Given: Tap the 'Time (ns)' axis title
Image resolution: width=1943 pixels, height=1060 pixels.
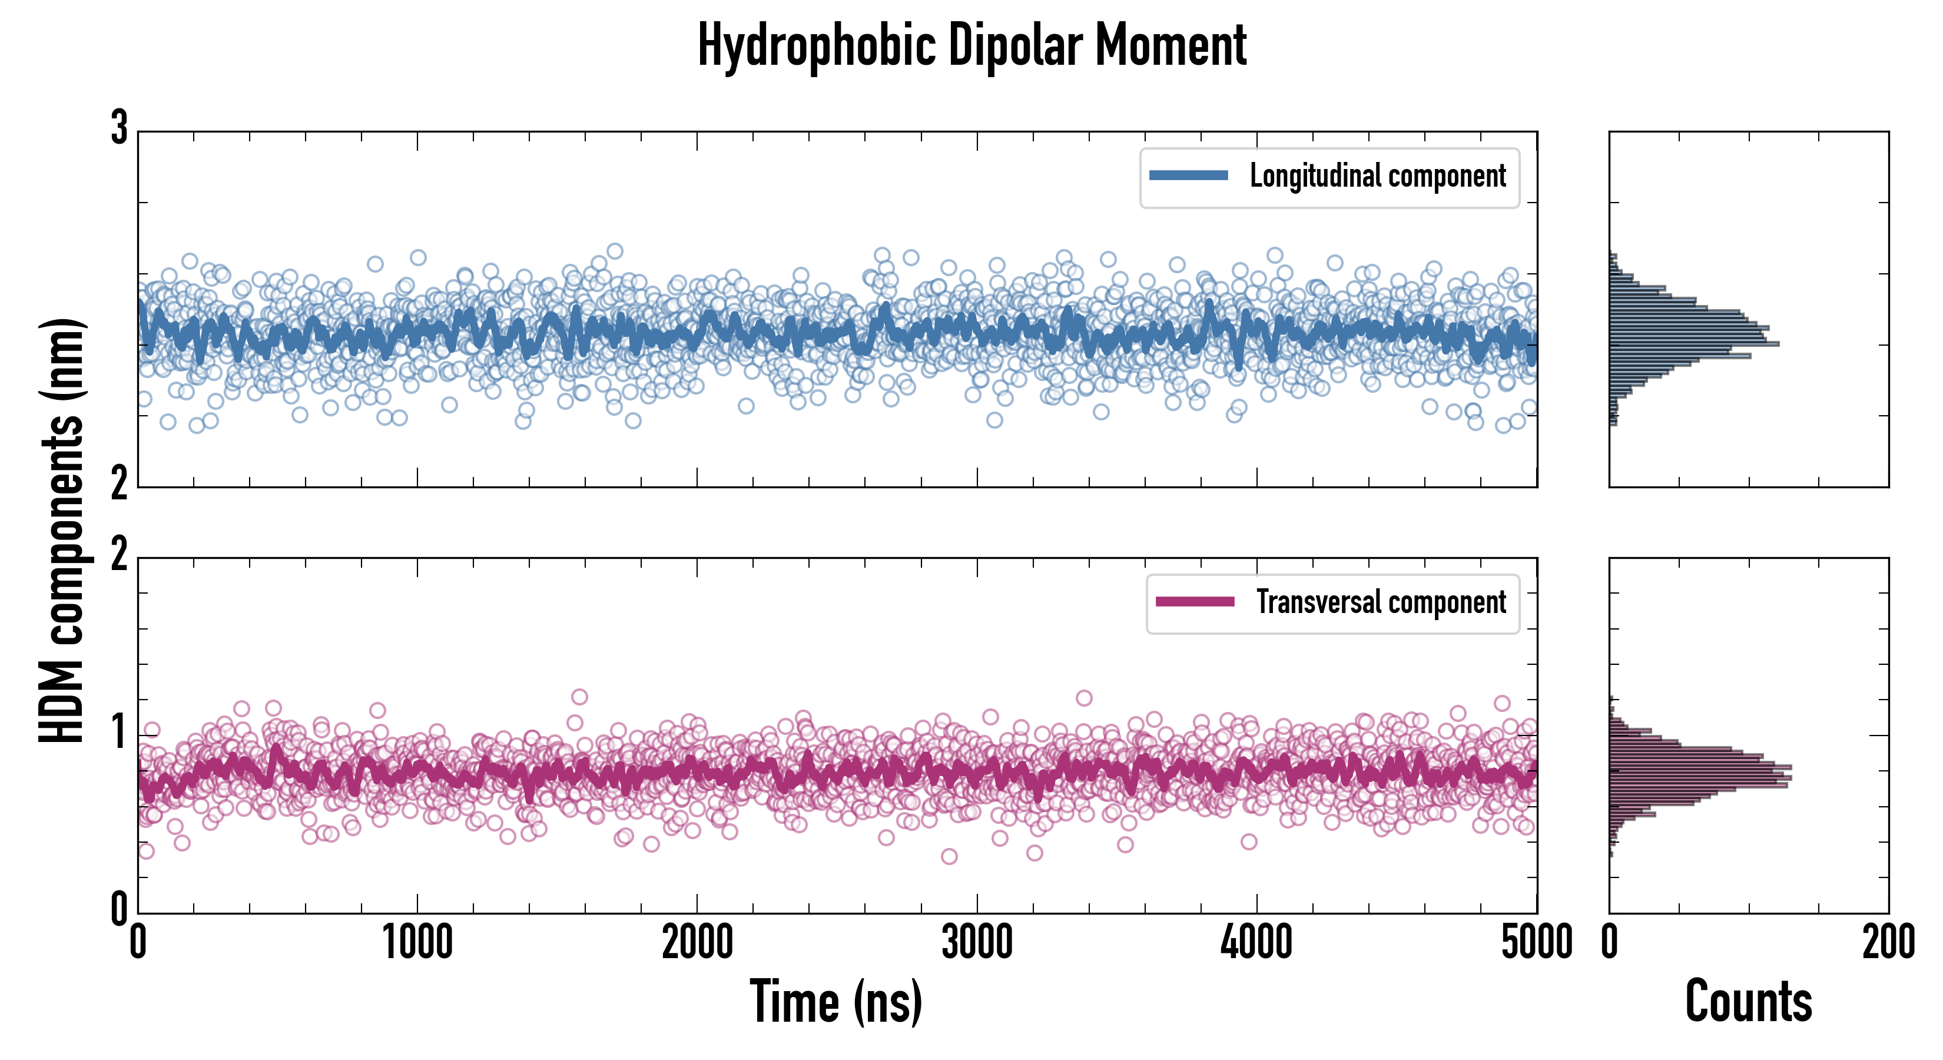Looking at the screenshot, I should coord(835,1001).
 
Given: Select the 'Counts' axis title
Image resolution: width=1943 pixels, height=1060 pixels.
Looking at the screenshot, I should coord(1748,1001).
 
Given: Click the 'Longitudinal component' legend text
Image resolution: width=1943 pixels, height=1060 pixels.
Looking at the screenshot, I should coord(1377,176).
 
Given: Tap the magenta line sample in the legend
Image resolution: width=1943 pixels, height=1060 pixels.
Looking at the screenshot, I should coord(1195,602).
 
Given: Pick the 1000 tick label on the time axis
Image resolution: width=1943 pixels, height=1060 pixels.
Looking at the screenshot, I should coord(417,942).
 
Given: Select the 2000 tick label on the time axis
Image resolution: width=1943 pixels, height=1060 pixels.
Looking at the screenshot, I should coord(697,942).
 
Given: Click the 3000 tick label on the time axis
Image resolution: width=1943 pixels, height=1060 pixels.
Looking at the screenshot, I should coord(977,942).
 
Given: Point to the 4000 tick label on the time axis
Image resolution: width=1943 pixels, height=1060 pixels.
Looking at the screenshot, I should coord(1256,942).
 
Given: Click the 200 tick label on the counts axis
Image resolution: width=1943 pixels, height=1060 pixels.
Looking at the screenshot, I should coord(1888,942).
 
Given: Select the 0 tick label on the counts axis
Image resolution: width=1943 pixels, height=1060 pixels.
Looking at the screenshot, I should coord(1610,942).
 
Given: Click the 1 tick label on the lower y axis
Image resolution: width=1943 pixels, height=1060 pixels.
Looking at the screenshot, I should coord(119,732).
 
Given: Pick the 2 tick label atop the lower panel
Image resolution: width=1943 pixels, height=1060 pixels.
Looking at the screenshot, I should coord(119,555).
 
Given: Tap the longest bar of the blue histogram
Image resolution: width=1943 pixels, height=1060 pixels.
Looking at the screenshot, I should coord(1694,344).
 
